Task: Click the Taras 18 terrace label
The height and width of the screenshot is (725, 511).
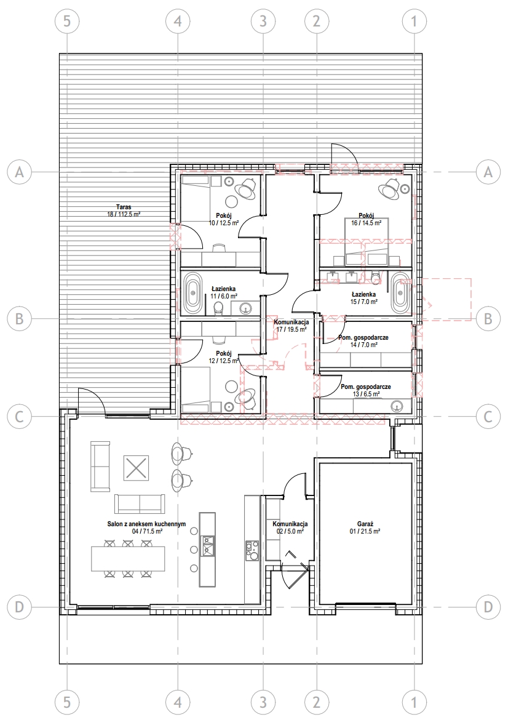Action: coord(124,211)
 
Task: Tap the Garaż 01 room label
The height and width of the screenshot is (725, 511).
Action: coord(365,527)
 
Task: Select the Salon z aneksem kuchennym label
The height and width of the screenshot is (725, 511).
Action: coord(146,527)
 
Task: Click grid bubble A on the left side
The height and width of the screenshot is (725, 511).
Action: coord(20,172)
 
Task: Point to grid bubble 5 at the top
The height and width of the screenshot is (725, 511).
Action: coord(67,21)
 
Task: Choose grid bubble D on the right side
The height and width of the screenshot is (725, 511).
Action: coord(488,607)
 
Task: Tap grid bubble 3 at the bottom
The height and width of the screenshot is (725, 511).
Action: coord(263,702)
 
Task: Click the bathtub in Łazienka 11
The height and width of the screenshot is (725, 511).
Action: coord(192,293)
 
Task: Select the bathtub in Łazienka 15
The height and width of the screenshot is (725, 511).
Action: coord(401,294)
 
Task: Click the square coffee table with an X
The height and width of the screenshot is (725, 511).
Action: coord(136,468)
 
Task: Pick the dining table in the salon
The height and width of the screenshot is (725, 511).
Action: coord(128,559)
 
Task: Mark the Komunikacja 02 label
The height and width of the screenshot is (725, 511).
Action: coord(290,527)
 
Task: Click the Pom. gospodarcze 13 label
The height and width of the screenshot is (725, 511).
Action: coord(366,390)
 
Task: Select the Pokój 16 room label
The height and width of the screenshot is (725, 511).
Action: coord(366,218)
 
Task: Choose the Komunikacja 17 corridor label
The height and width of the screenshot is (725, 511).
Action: coord(291,326)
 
